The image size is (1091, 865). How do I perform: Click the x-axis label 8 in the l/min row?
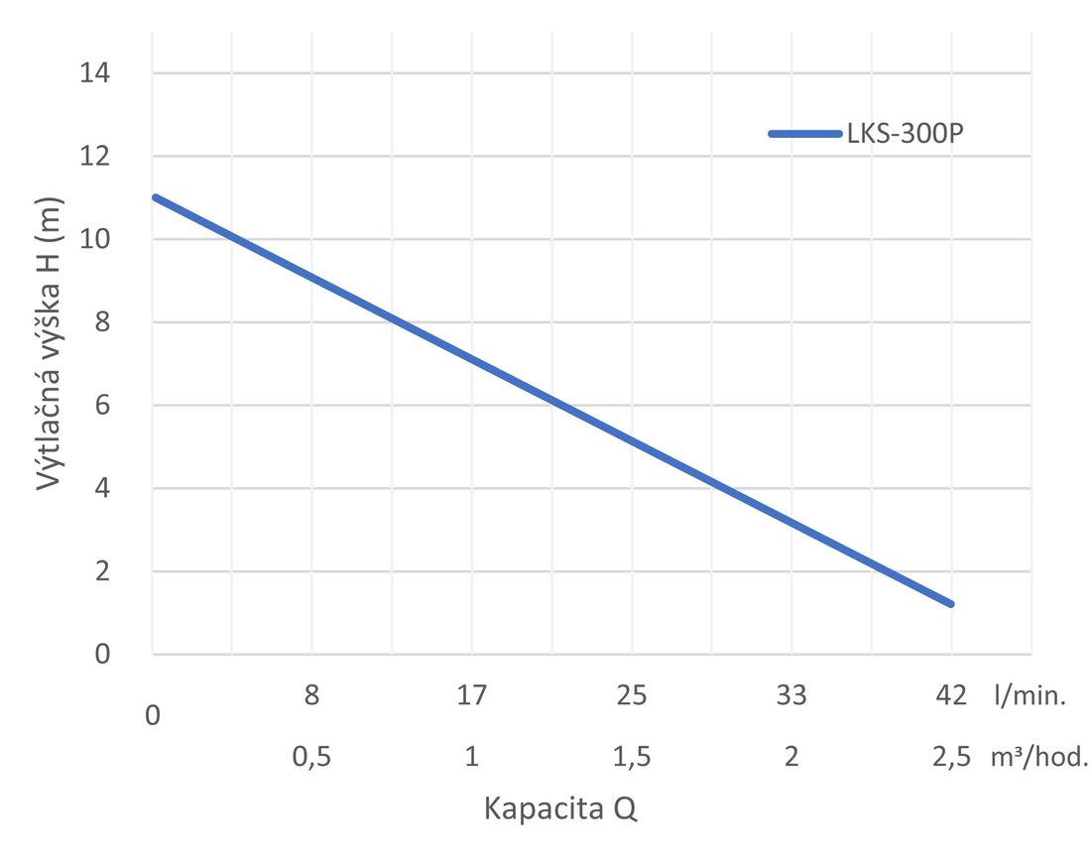pyautogui.click(x=311, y=696)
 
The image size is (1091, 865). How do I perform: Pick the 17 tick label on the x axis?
pyautogui.click(x=471, y=696)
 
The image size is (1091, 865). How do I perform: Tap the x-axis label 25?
pyautogui.click(x=632, y=696)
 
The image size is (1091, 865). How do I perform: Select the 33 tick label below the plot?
pyautogui.click(x=791, y=696)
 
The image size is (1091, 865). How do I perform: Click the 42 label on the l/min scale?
pyautogui.click(x=951, y=696)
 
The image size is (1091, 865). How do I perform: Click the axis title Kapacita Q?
pyautogui.click(x=560, y=809)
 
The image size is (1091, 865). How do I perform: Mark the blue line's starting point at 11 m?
pyautogui.click(x=154, y=197)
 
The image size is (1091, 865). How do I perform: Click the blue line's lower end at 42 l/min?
pyautogui.click(x=951, y=604)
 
